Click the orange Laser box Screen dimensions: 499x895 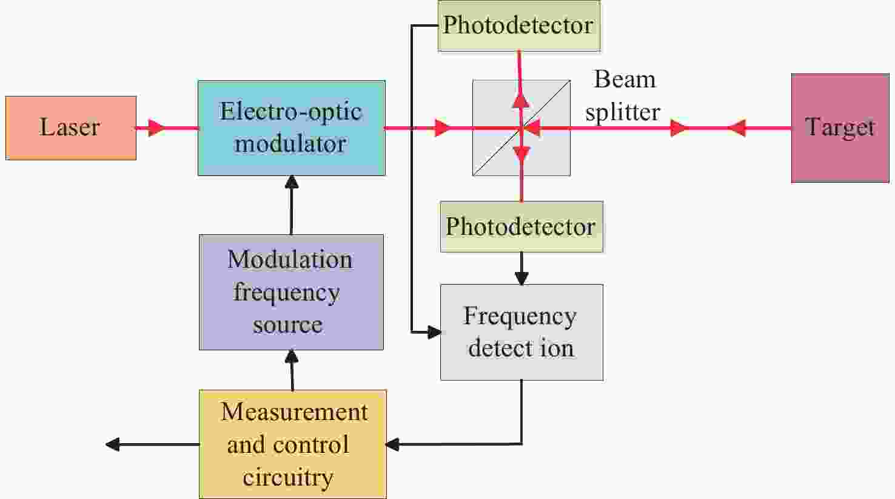point(71,127)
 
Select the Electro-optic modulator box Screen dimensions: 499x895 point(291,128)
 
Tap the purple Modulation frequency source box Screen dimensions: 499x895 point(291,292)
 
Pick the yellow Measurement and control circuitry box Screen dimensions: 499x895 point(293,444)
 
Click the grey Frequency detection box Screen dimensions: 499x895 point(521,332)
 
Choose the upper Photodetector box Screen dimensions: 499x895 point(518,25)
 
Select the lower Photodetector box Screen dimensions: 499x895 point(521,226)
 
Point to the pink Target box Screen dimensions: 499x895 point(840,128)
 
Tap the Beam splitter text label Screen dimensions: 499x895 point(623,96)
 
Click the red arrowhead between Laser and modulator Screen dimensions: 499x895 point(156,128)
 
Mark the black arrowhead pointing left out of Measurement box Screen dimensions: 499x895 point(113,444)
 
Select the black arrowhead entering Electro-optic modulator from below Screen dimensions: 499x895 point(292,182)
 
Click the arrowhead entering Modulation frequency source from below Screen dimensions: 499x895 point(292,355)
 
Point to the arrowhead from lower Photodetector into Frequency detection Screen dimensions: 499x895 point(521,278)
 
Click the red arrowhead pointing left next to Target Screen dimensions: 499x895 point(736,128)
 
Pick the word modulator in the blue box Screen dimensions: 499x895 point(291,144)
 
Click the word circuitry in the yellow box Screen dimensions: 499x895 point(288,477)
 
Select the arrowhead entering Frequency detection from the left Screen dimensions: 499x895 point(434,332)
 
